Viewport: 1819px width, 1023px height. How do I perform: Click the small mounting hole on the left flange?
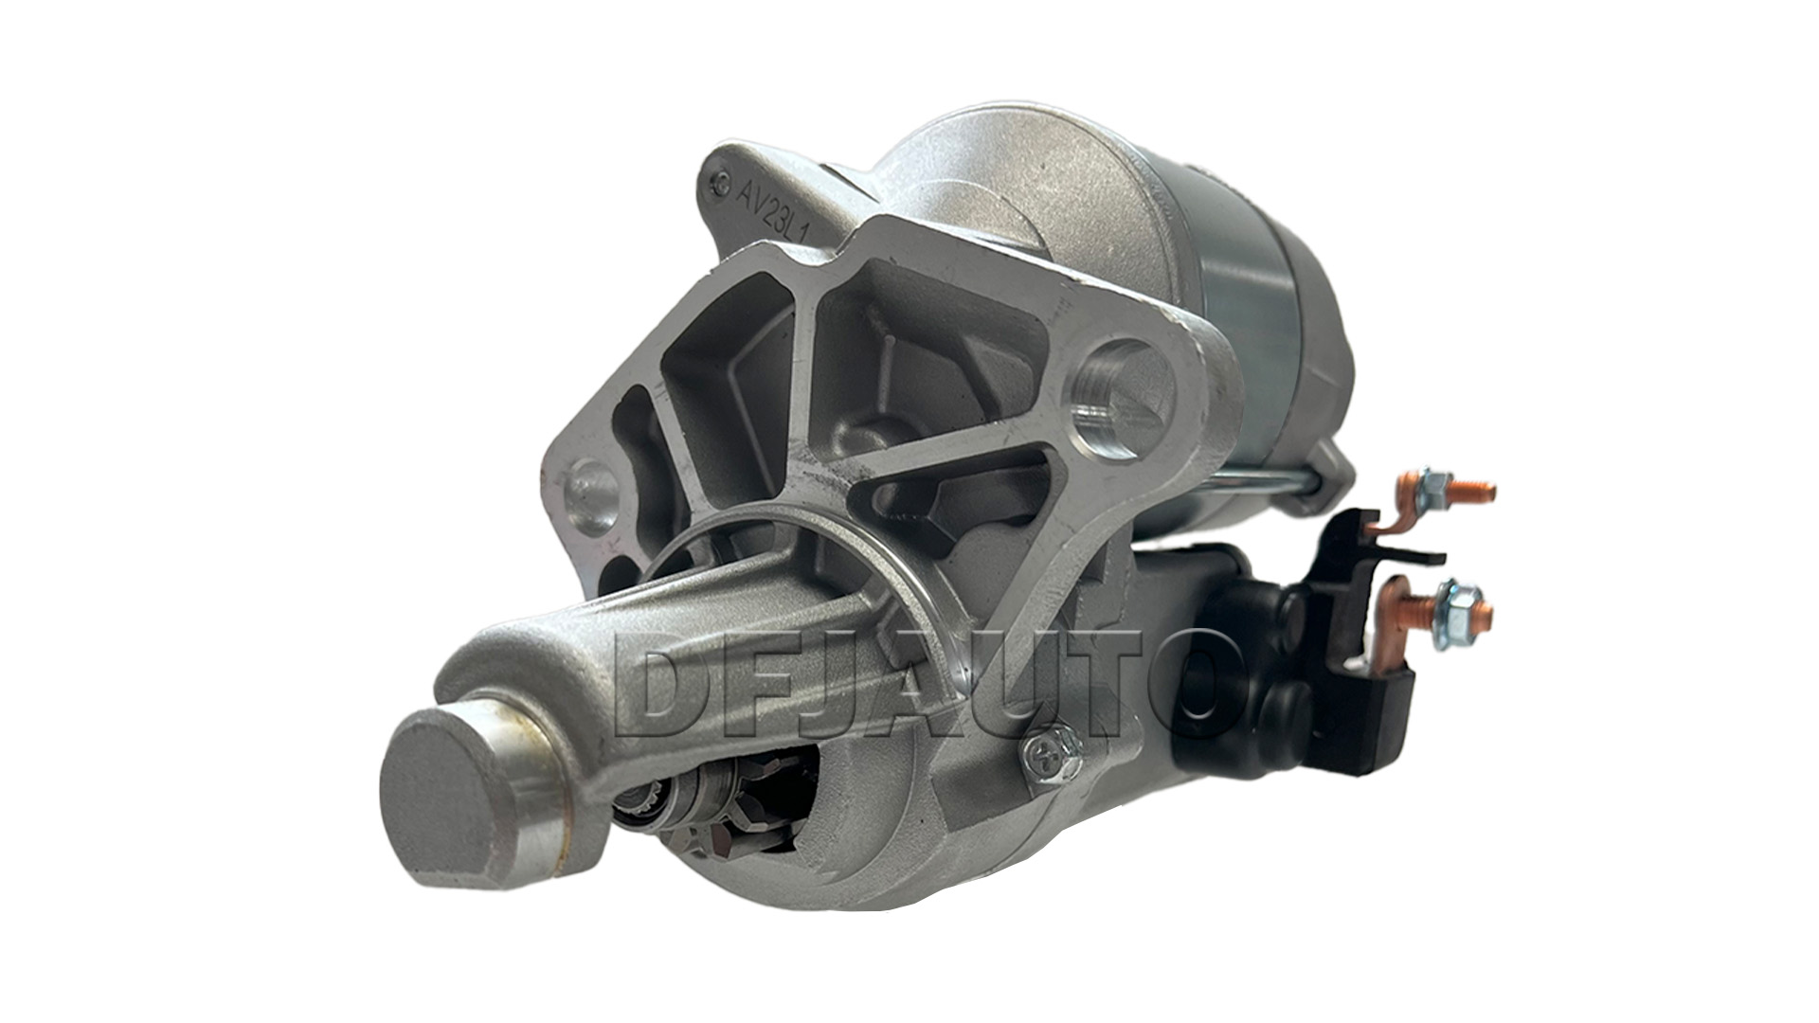[x=589, y=492]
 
